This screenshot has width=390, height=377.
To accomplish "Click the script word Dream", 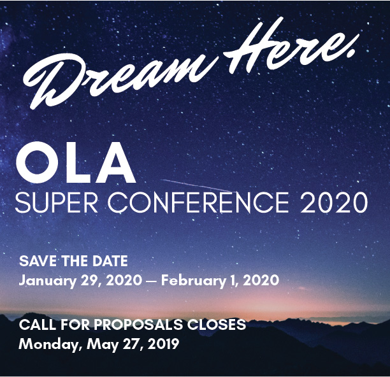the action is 119,80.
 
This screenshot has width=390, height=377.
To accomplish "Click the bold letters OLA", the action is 75,162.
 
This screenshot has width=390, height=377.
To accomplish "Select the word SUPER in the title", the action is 57,203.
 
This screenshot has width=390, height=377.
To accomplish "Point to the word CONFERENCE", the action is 198,203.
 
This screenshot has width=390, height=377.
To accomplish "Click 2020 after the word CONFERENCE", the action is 335,203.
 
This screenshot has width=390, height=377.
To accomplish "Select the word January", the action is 47,281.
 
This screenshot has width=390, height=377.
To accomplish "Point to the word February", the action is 192,281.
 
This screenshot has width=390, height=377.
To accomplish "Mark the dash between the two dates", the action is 152,281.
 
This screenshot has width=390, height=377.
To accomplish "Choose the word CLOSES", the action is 217,325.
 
